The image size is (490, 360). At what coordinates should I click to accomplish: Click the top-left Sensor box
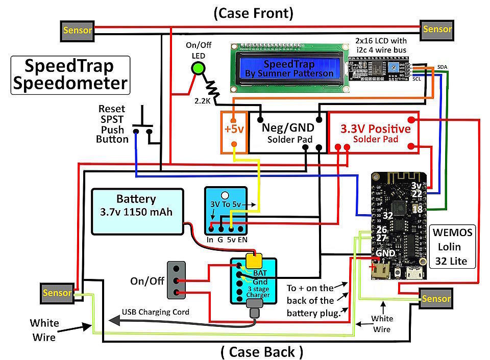pos(78,30)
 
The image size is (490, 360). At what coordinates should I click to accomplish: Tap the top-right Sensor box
pos(437,29)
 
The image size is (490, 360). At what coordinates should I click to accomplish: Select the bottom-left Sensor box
pos(57,293)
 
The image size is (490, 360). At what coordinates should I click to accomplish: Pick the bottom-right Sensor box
pos(435,298)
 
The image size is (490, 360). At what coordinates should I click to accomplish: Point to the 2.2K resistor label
pos(202,100)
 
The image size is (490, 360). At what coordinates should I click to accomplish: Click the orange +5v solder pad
pos(234,130)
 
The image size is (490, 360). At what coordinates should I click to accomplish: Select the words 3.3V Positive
pos(375,128)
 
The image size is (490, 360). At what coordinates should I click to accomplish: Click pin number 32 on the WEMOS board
pos(388,216)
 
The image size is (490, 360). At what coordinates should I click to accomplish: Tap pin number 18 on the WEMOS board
pos(417,209)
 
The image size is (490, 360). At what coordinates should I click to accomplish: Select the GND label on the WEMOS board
pos(385,252)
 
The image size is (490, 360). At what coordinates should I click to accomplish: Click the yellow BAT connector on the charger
pos(254,260)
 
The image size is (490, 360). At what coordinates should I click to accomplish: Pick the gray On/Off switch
pos(177,280)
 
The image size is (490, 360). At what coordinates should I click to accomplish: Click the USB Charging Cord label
pos(155,312)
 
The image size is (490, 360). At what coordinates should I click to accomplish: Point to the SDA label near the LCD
pos(442,67)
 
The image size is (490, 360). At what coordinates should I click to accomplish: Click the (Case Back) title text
pos(262,352)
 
